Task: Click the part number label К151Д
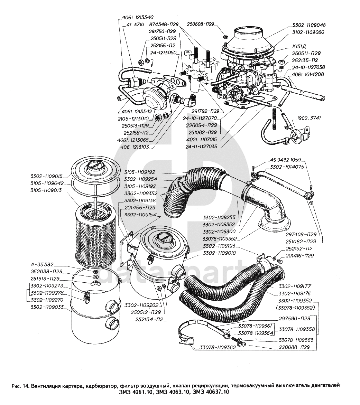[x=299, y=47]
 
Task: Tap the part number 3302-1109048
[x=309, y=25]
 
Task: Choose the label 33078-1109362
[x=218, y=347]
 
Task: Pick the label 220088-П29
[x=294, y=347]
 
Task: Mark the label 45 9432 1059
[x=286, y=160]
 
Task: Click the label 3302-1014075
[x=287, y=167]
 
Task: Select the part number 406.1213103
[x=135, y=147]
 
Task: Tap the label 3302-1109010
[x=219, y=253]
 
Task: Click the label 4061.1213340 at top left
[x=138, y=17]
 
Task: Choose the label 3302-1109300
[x=219, y=232]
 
